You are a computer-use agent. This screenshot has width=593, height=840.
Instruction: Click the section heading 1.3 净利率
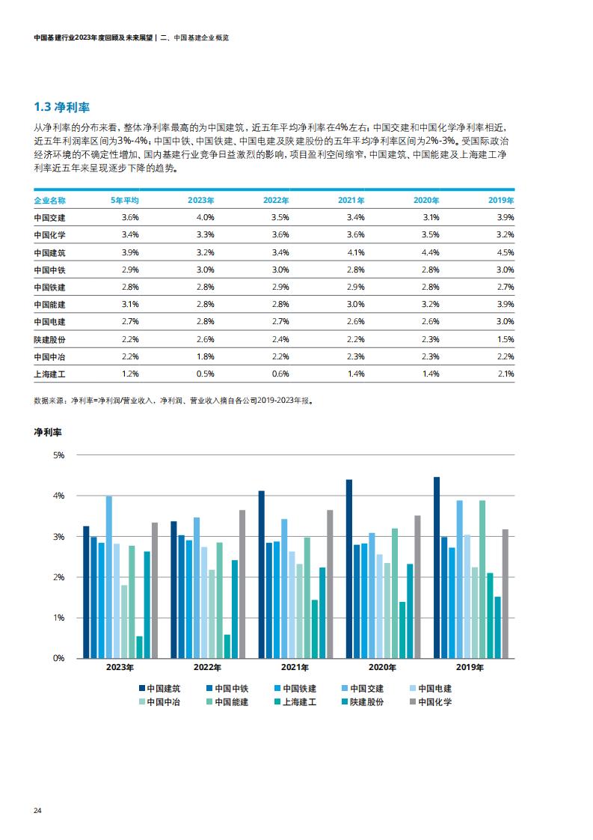pos(61,107)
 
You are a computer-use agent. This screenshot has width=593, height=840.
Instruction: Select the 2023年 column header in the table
pos(200,201)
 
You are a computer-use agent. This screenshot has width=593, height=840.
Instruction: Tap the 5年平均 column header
pos(125,201)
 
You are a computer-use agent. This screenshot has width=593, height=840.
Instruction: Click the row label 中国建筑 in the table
pos(50,252)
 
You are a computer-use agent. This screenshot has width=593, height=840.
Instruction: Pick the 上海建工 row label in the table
pos(50,374)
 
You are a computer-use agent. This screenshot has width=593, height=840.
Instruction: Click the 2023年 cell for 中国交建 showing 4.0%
pos(206,218)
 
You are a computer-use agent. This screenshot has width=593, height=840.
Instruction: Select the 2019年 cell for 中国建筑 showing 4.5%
pos(506,252)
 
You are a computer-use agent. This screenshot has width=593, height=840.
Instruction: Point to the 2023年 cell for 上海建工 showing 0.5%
pos(206,374)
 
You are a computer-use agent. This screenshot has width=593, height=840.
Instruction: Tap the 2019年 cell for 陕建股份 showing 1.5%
pos(506,339)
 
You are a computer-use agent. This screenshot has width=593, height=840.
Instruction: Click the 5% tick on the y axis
pos(59,455)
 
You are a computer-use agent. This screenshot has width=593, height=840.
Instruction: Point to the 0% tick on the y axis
pos(59,658)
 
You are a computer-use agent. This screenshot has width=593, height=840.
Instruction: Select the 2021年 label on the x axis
pos(295,668)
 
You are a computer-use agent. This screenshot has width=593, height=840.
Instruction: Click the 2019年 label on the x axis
pos(470,668)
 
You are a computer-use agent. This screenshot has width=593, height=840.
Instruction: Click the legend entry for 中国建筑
pos(160,688)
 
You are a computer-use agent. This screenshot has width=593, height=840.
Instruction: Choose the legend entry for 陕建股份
pos(363,701)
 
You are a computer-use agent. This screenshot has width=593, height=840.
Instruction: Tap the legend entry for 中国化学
pos(431,701)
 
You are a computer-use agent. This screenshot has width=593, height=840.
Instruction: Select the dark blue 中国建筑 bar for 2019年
pos(437,567)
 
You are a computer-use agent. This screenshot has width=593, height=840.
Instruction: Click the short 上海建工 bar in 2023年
pos(140,647)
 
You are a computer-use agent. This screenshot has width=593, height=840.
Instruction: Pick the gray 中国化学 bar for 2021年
pos(330,584)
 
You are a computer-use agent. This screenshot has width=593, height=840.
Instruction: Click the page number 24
pos(37,811)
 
